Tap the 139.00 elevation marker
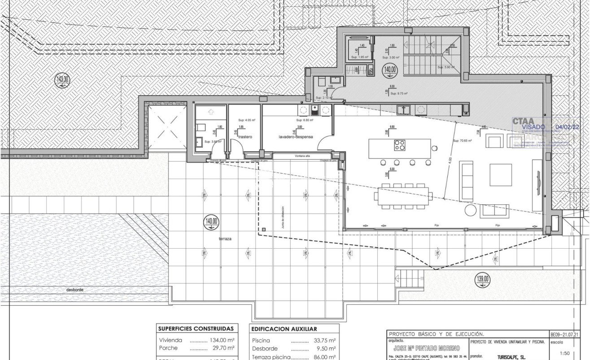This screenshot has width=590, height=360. point(483,279)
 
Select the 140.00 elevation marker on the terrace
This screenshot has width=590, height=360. point(211,221)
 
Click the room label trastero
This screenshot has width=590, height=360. point(244,136)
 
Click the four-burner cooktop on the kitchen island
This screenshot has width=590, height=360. point(399,145)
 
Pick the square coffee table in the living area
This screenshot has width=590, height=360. point(500,175)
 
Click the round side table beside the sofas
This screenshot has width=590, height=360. point(471,211)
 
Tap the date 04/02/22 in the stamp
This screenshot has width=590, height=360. point(567,127)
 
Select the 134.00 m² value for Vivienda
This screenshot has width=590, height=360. point(222,340)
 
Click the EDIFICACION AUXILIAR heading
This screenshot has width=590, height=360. point(284,329)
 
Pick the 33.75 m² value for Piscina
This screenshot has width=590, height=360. point(325,340)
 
